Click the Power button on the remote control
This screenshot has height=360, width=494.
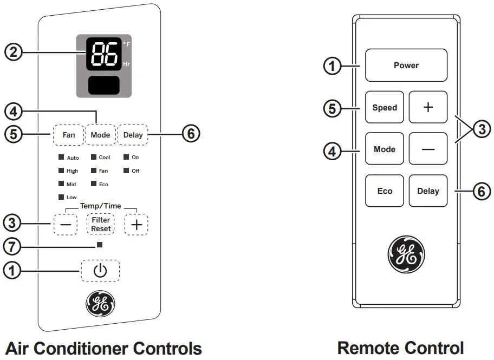[406, 66]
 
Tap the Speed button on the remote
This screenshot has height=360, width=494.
[384, 108]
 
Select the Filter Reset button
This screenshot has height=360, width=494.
[101, 225]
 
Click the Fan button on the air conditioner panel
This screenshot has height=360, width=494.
[69, 135]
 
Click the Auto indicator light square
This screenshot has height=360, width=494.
[61, 158]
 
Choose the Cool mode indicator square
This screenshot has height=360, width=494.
[94, 158]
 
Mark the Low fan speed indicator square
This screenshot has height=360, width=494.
[61, 197]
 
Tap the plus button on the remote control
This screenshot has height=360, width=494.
[428, 107]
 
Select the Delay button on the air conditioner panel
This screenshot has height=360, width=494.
[133, 135]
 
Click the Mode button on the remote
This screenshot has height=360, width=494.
[384, 149]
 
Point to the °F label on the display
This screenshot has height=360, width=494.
[126, 44]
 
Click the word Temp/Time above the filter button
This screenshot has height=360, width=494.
[101, 206]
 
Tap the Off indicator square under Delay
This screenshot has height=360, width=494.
[126, 171]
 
